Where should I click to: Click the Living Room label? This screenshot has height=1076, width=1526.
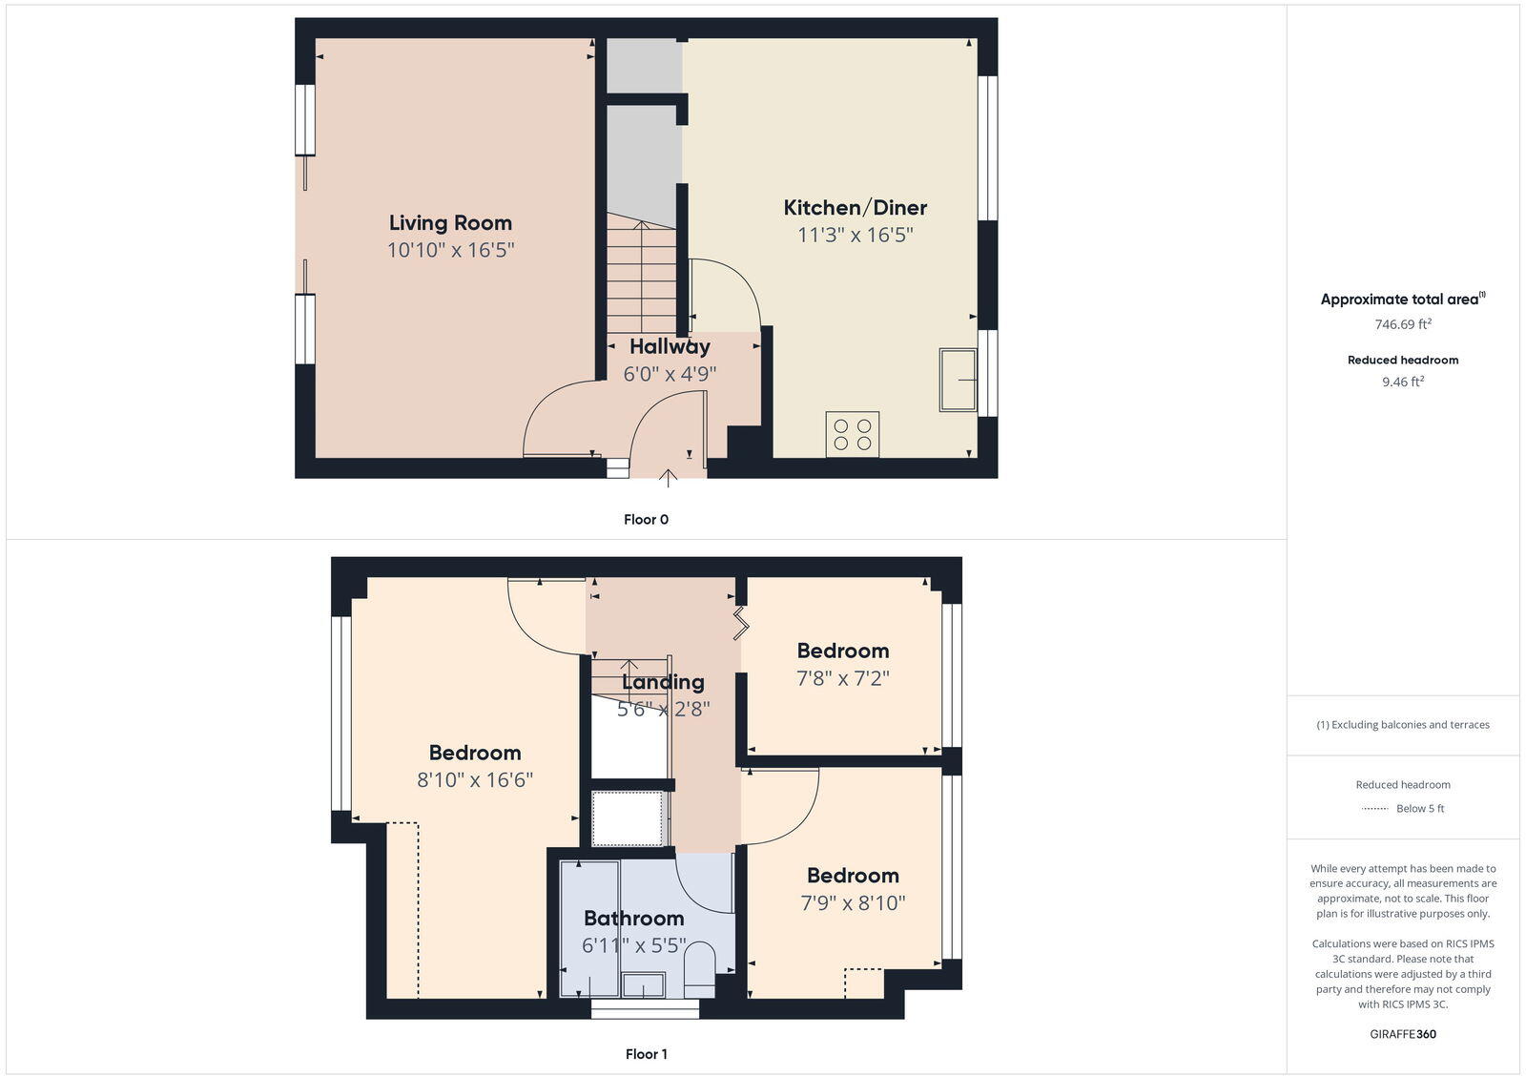coord(450,222)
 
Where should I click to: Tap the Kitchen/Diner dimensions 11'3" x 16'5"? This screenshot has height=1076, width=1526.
coord(856,235)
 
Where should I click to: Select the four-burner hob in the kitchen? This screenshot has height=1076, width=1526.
coord(852,434)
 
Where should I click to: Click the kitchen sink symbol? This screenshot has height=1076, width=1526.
coord(959,380)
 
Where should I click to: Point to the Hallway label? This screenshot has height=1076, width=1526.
coord(670,346)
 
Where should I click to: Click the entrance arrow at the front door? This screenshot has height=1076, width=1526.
coord(668,477)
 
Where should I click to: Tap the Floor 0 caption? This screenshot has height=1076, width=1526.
coord(646,520)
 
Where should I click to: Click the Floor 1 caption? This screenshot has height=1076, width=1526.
coord(646,1054)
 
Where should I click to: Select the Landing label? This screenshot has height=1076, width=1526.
coord(663,682)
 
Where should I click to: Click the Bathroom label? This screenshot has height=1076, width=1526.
coord(633,919)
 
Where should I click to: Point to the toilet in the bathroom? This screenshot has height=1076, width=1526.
coord(700,965)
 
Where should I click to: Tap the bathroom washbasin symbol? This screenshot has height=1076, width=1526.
coord(644,984)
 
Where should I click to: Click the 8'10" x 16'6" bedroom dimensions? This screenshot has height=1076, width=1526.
coord(474,780)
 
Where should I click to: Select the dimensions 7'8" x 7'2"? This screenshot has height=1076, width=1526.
coord(843,678)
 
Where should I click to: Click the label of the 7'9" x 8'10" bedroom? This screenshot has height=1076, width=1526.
coord(853,876)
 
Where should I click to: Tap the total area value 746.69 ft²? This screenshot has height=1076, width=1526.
coord(1402,324)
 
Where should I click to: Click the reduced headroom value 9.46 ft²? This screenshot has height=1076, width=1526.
coord(1402,382)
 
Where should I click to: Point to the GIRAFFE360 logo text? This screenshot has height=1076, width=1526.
coord(1402,1034)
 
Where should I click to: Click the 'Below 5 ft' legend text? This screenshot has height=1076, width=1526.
coord(1420,809)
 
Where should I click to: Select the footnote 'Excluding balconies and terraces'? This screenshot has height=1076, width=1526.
coord(1403,725)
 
